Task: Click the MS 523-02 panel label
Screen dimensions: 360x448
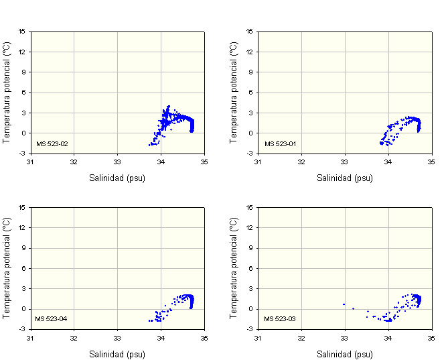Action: [52, 143]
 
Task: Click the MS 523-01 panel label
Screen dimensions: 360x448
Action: [279, 143]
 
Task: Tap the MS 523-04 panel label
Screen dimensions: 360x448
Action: [52, 319]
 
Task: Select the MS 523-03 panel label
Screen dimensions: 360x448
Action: [279, 319]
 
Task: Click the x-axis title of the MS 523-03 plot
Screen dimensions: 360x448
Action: [345, 354]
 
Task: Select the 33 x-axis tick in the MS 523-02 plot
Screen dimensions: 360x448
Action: [117, 162]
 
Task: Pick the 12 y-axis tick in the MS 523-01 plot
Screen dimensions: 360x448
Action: [250, 52]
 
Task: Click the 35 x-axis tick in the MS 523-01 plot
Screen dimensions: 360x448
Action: [432, 162]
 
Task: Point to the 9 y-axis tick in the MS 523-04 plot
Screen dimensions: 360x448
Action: [23, 248]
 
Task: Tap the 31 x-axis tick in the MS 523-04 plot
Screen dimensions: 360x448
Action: [30, 338]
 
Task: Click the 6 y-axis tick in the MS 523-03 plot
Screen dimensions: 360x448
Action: [251, 268]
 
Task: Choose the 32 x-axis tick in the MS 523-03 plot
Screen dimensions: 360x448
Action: [301, 338]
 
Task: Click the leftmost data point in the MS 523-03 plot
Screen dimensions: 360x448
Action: [344, 304]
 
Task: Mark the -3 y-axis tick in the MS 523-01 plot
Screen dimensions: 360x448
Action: [250, 154]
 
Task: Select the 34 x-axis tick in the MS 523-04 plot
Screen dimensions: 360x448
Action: [161, 338]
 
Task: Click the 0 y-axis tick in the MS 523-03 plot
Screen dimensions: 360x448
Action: [251, 309]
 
